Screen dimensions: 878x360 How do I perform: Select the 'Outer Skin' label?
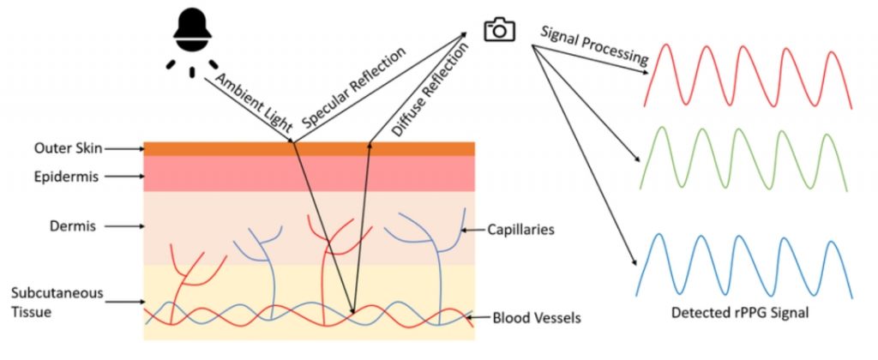(x=69, y=149)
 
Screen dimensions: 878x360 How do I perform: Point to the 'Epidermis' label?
(x=67, y=177)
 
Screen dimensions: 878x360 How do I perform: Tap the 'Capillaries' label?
(x=520, y=230)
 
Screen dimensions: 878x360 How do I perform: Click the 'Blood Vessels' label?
(x=537, y=319)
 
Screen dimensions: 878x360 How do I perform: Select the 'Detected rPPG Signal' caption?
(x=740, y=313)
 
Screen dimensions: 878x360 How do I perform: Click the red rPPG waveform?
(x=748, y=75)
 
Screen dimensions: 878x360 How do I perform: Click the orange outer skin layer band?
(x=309, y=149)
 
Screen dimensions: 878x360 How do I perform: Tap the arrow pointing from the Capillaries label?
(x=472, y=230)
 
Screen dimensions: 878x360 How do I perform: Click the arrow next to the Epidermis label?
(x=123, y=177)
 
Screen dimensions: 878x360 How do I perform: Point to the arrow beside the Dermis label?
(x=123, y=227)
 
